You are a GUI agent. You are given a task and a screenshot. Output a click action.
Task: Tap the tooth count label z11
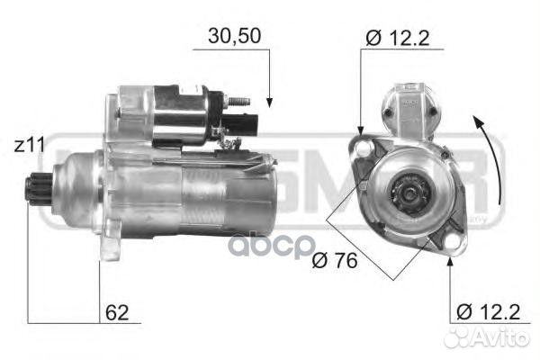click(x=30, y=143)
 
